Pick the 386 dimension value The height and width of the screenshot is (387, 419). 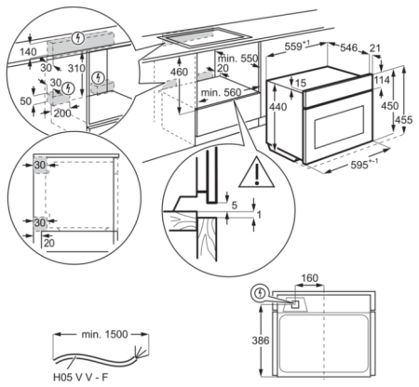pos(264,342)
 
